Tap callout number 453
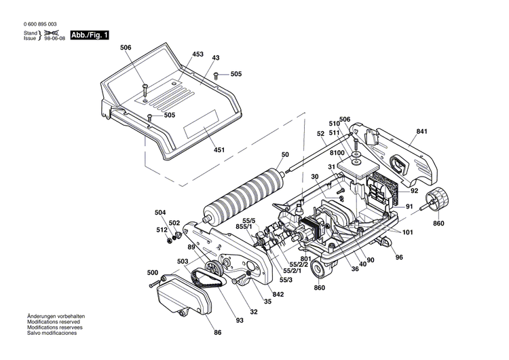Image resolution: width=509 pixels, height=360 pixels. (197, 54)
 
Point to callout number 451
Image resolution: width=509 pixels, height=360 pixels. (219, 149)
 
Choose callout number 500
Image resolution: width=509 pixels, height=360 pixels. (153, 272)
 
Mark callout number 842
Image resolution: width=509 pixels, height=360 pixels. (278, 295)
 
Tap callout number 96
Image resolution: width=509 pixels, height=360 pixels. (399, 257)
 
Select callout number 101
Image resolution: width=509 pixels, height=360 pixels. (407, 233)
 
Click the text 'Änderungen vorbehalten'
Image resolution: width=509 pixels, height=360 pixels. (54, 317)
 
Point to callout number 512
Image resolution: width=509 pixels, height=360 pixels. (162, 230)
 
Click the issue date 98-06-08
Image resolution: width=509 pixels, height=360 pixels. (56, 39)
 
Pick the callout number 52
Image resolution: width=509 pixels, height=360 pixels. (320, 134)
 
